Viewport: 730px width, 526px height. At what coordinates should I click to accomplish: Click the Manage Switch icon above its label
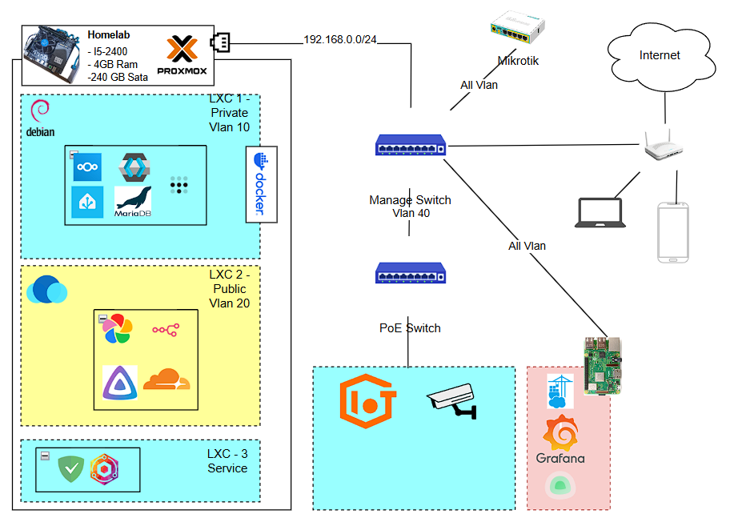pyautogui.click(x=411, y=145)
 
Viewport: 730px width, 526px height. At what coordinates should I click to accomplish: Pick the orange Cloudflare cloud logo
pyautogui.click(x=166, y=379)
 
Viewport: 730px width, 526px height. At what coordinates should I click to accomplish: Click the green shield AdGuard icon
pyautogui.click(x=71, y=468)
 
